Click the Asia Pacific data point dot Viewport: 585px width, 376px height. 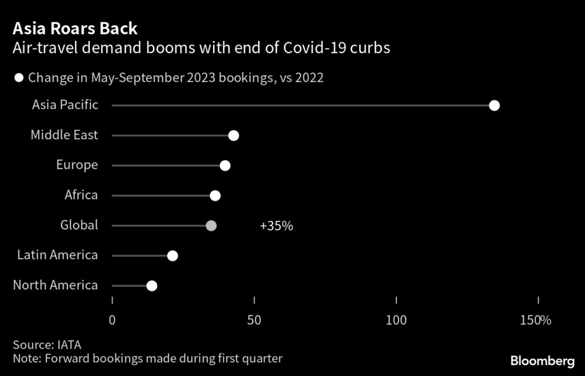pyautogui.click(x=495, y=106)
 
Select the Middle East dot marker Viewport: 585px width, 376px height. pyautogui.click(x=233, y=136)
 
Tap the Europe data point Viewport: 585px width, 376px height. pyautogui.click(x=225, y=165)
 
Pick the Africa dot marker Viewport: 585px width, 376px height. pyautogui.click(x=215, y=196)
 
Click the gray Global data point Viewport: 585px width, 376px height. pyautogui.click(x=211, y=225)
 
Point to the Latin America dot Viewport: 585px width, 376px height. pyautogui.click(x=173, y=256)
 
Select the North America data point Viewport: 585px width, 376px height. pyautogui.click(x=151, y=286)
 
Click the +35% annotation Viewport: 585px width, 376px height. pyautogui.click(x=277, y=226)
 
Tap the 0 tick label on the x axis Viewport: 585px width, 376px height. pyautogui.click(x=112, y=320)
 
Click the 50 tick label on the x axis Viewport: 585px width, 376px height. pyautogui.click(x=254, y=320)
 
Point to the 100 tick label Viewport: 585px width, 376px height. pyautogui.click(x=396, y=320)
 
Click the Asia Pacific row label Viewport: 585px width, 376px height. pyautogui.click(x=65, y=105)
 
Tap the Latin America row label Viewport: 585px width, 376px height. pyautogui.click(x=58, y=255)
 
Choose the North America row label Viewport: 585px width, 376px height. pyautogui.click(x=55, y=285)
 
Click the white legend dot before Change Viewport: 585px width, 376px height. pyautogui.click(x=19, y=78)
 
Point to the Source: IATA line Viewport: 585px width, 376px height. pyautogui.click(x=47, y=345)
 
